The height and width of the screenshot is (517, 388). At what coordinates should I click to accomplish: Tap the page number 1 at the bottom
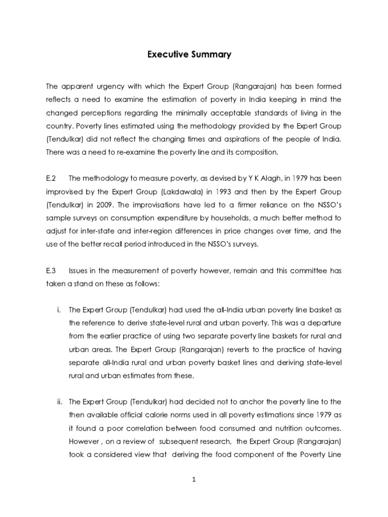coord(194,481)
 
